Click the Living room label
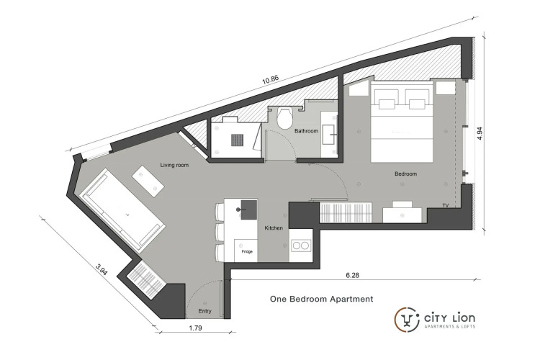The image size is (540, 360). [174, 165]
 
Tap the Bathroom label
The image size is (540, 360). [306, 131]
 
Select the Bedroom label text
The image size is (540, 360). [405, 174]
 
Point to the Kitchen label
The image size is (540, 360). [274, 228]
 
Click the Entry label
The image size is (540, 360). [204, 311]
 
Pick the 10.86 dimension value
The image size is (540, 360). [270, 80]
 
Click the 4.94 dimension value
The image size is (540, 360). [480, 133]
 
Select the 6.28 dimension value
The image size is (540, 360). [352, 275]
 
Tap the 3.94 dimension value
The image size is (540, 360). [102, 269]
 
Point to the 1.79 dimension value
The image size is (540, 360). [195, 328]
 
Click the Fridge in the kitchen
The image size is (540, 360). [246, 251]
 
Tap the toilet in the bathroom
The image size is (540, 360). [285, 117]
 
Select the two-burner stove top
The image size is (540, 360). [301, 246]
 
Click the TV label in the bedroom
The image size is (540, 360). [446, 206]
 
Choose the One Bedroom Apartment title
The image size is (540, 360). [321, 299]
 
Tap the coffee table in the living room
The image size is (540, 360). [148, 181]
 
